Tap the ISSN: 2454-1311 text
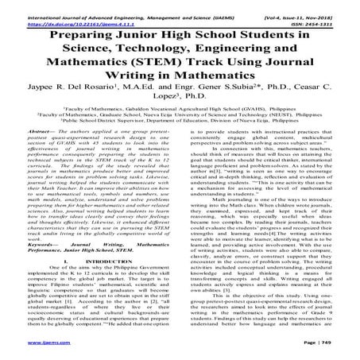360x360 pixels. point(326,14)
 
